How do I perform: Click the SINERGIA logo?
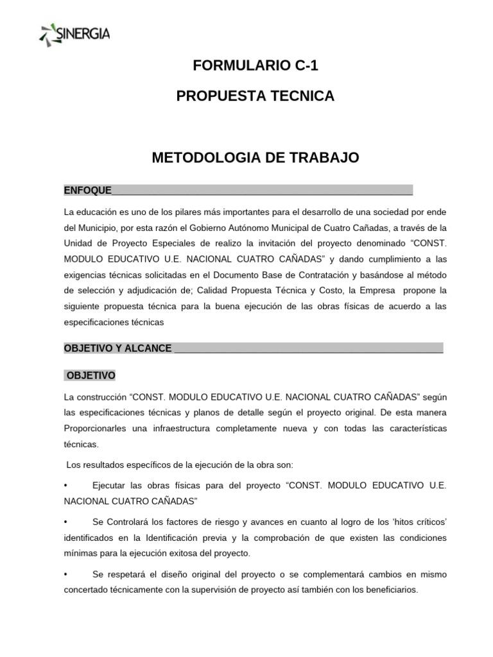pos(74,33)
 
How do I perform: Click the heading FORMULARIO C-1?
pos(255,65)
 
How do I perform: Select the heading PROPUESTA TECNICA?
pos(255,96)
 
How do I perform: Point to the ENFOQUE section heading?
pos(88,191)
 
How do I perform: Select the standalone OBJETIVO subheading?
pos(91,375)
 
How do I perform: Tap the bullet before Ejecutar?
pos(66,485)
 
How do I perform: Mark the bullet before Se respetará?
pos(66,574)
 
